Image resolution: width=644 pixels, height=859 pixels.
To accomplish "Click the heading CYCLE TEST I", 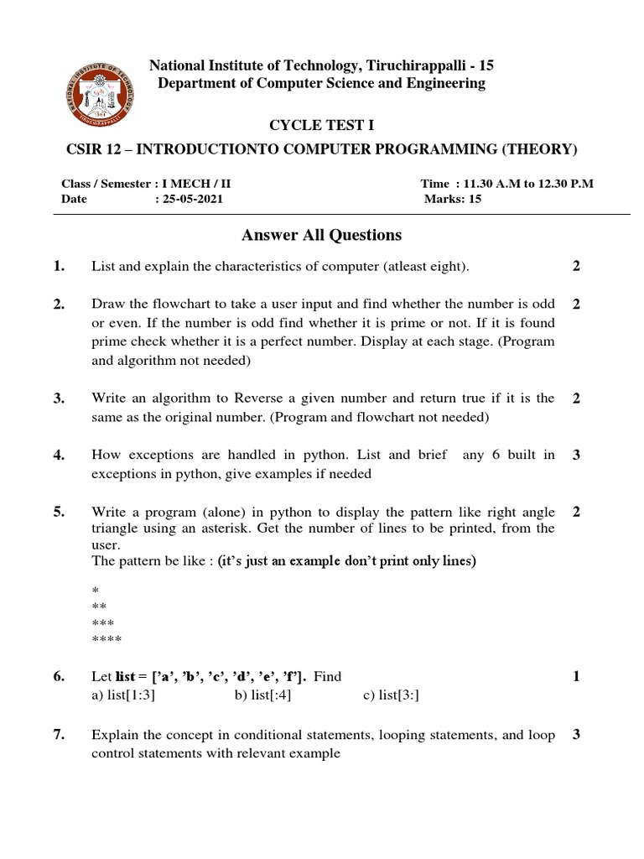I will [321, 126].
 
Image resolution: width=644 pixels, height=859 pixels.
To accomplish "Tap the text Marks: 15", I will [453, 200].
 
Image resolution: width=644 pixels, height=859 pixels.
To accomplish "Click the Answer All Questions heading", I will [321, 235].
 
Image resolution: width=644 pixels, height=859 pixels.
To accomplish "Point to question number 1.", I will [58, 267].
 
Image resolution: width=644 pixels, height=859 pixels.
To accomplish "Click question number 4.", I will [58, 456].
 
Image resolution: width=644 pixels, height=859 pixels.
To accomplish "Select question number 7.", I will [58, 735].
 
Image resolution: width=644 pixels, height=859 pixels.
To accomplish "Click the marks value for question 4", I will [576, 456].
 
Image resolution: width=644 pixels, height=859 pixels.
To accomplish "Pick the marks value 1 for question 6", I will [576, 676].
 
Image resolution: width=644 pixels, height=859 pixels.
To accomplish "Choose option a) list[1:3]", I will [123, 695].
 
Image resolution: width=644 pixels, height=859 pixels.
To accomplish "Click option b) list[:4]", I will [263, 695].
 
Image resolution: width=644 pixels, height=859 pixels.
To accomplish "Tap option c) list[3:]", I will [392, 695].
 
